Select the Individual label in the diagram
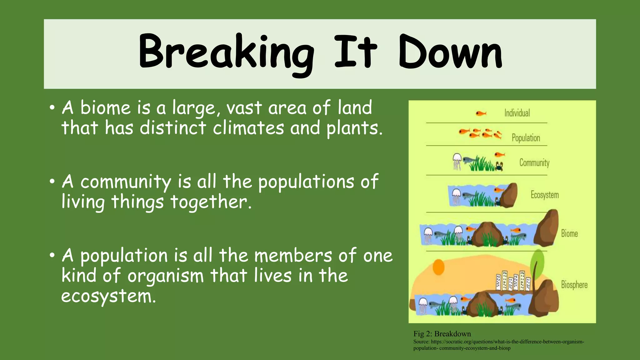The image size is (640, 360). coord(517,113)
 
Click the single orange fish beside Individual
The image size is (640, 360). coord(481,113)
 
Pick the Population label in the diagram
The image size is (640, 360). coord(526,138)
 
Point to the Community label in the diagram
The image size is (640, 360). coord(534,162)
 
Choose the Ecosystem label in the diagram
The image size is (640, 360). coord(544,195)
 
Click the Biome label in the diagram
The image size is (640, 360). coord(569,233)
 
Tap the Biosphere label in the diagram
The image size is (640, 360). coord(574,285)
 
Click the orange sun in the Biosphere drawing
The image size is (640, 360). coord(438,267)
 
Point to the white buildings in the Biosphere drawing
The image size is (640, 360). coord(513,281)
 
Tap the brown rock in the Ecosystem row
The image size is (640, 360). coord(509,195)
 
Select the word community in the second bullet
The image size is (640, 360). coord(126,182)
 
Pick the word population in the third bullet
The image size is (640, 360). coord(124,256)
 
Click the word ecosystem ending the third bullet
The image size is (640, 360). coord(108,296)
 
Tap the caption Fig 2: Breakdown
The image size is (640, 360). coord(442,334)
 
